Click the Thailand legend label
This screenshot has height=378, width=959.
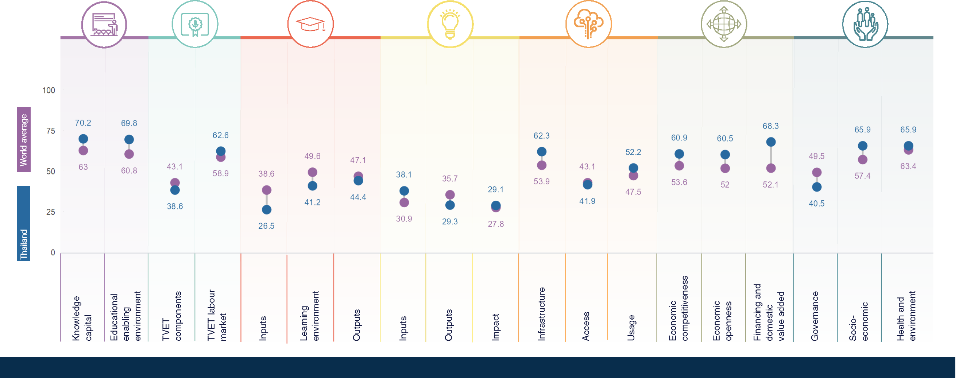click(24, 244)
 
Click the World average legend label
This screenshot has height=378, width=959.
click(24, 140)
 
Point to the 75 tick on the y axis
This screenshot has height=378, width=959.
click(50, 131)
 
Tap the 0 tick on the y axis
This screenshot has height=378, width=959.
click(53, 252)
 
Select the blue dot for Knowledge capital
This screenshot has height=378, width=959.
click(83, 139)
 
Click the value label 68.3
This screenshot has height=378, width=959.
click(770, 126)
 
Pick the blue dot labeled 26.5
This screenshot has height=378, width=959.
click(267, 210)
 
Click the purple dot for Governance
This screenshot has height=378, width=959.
click(816, 173)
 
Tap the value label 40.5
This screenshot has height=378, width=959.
click(816, 204)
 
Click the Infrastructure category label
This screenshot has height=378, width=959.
click(542, 314)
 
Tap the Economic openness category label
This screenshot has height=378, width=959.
click(722, 321)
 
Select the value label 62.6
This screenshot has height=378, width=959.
click(220, 136)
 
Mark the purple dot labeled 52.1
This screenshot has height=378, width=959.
click(771, 168)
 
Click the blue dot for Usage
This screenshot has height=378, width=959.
click(633, 168)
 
